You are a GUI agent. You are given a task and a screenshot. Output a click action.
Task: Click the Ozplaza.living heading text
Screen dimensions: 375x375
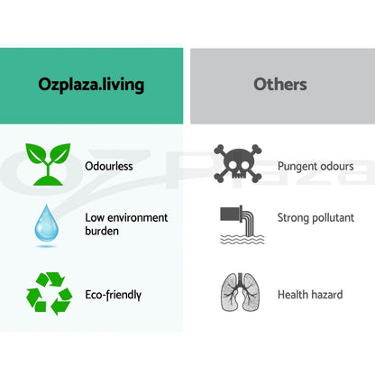point(91,85)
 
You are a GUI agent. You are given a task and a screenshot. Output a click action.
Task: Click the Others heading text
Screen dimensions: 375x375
point(280,84)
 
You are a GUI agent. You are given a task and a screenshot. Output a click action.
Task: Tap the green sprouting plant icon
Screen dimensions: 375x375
point(48,164)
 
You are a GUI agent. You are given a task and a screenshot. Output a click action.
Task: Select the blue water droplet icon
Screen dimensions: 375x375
point(46,223)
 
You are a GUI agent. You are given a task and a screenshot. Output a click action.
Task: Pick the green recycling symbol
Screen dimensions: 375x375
point(50,293)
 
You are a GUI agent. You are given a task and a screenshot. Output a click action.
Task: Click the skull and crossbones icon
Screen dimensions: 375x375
point(238,164)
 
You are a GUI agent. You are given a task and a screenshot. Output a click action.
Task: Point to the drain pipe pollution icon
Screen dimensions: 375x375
point(242,224)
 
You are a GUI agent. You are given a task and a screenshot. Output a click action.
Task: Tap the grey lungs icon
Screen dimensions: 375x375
point(240,292)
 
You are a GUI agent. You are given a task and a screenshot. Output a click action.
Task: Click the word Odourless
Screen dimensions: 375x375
point(109,166)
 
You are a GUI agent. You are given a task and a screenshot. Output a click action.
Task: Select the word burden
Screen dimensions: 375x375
point(102,231)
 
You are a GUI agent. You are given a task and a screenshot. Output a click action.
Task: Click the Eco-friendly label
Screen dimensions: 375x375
point(114,295)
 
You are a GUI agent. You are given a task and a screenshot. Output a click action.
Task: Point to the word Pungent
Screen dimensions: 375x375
point(296,167)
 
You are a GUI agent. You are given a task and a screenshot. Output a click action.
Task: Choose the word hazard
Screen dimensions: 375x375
point(326,295)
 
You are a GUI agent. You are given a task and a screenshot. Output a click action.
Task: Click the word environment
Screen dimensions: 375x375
point(137,218)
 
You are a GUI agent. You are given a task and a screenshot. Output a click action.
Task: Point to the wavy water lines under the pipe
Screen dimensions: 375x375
point(242,240)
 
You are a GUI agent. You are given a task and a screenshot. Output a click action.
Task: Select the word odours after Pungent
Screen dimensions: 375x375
point(335,166)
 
